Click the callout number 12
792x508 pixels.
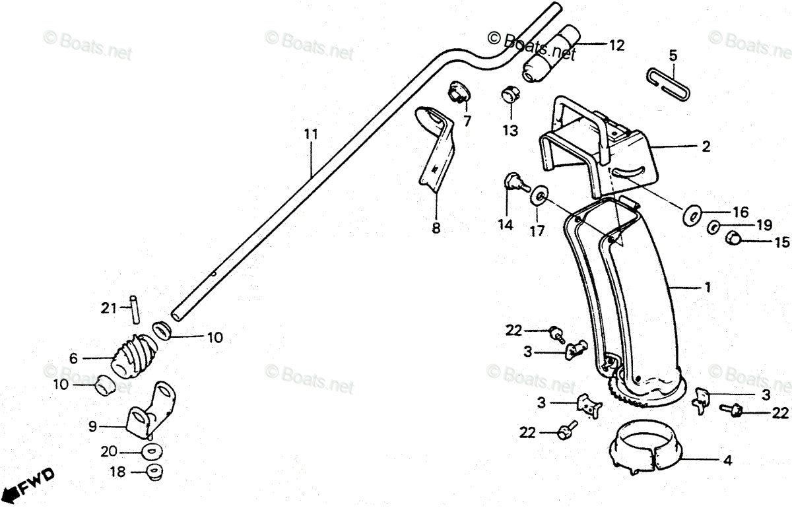tap(616, 46)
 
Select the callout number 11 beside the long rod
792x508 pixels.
tap(311, 135)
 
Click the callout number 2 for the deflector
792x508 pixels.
tap(706, 147)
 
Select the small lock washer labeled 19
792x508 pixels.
tap(714, 228)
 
